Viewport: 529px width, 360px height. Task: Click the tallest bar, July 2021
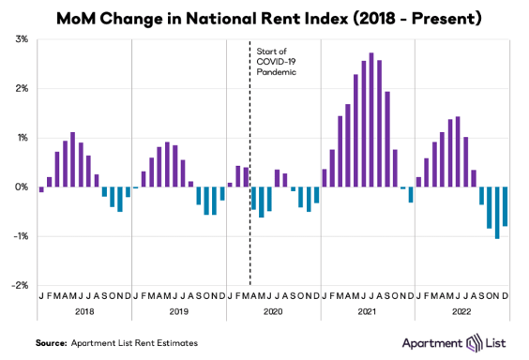371,120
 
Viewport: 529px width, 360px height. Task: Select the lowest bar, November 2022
497,213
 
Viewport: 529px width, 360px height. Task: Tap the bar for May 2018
72,159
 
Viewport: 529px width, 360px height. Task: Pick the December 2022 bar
505,206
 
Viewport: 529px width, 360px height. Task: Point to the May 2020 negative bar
261,202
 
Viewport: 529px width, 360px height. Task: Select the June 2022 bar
458,152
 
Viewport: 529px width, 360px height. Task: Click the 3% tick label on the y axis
22,39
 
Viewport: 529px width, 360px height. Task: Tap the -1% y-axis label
21,236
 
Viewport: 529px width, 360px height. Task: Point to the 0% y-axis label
22,187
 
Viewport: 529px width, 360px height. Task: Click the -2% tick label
20,286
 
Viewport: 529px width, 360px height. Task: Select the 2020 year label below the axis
273,311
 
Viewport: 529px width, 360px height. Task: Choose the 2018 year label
84,311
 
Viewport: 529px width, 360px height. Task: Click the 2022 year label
461,311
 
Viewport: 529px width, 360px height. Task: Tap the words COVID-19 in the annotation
276,62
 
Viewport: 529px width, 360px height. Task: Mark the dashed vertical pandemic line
250,163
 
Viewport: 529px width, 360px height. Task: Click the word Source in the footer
52,343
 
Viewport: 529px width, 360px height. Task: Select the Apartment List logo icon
474,343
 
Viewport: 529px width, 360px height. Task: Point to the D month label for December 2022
505,296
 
